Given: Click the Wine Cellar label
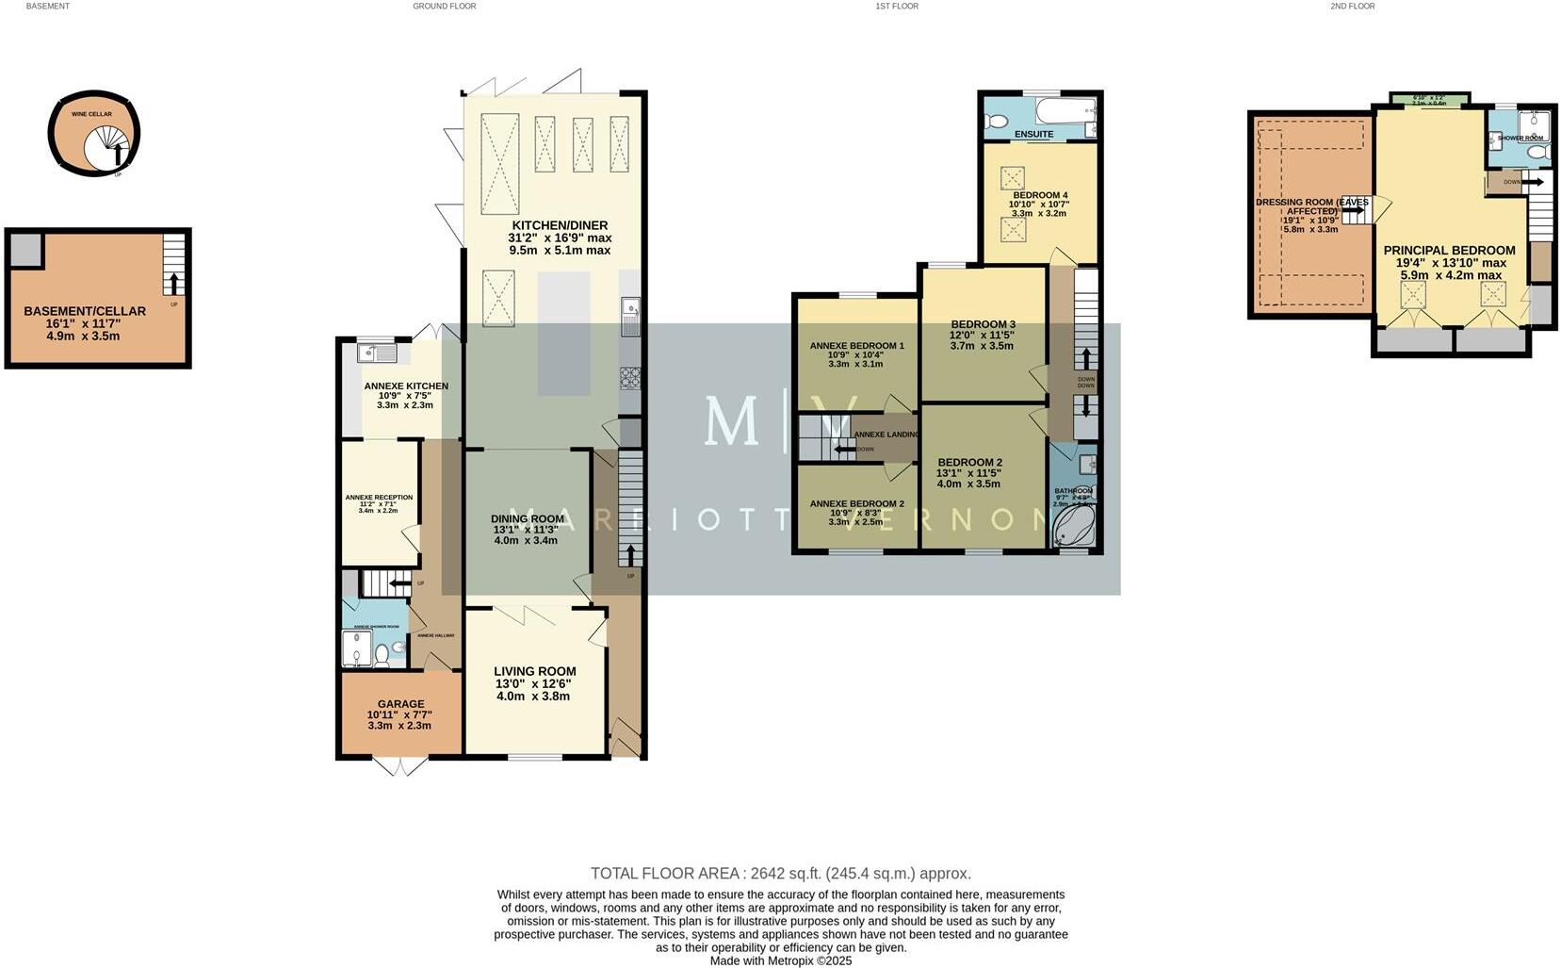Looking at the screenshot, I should (92, 114).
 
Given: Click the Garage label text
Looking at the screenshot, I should (400, 704).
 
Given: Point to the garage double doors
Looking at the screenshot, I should (400, 766).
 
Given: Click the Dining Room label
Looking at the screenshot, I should (527, 518).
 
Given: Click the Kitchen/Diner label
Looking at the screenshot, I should (560, 225).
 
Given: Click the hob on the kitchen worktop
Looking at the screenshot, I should (629, 378).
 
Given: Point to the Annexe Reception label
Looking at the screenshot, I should (379, 498).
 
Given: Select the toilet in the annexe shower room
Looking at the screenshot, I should (382, 653).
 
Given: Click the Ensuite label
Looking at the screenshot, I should (1033, 134).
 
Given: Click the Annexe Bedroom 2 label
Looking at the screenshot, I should (856, 504).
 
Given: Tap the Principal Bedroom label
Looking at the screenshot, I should (1449, 251).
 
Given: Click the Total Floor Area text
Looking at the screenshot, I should (780, 874).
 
